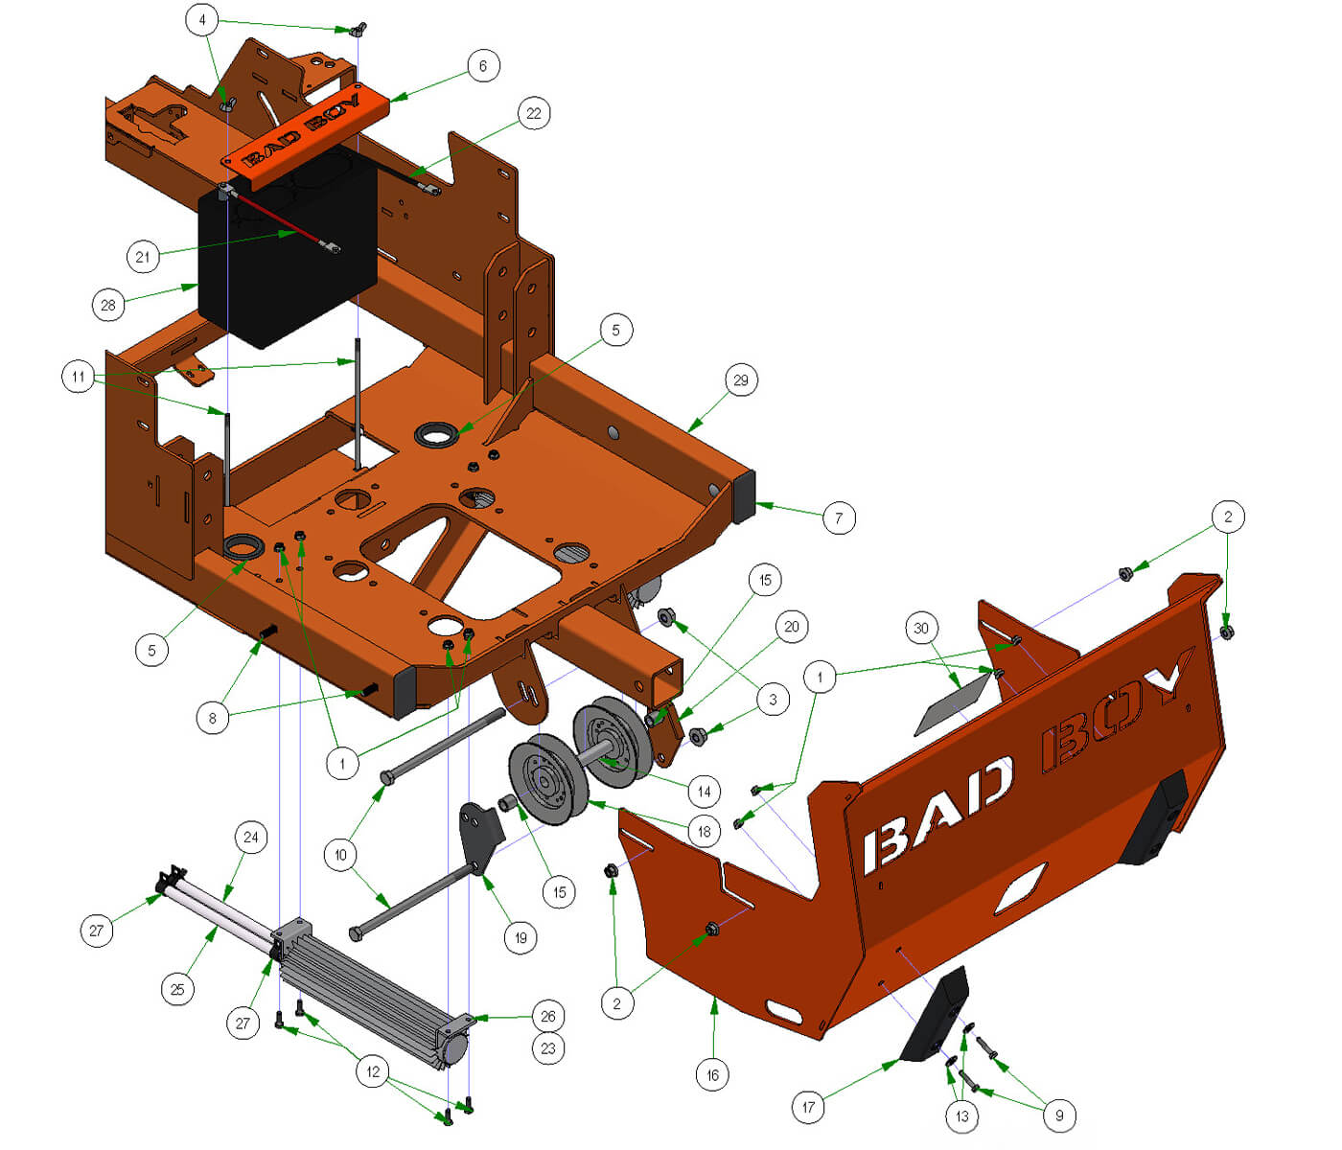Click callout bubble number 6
click(483, 66)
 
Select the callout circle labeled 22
click(534, 113)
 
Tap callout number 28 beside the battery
click(108, 306)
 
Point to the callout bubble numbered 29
click(741, 380)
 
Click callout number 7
click(839, 518)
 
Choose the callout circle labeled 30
click(921, 629)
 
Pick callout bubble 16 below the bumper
click(712, 1075)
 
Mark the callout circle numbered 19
click(521, 938)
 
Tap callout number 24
click(250, 837)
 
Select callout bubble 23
click(547, 1048)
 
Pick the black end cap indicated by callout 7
click(744, 496)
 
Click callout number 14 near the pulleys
click(704, 792)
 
